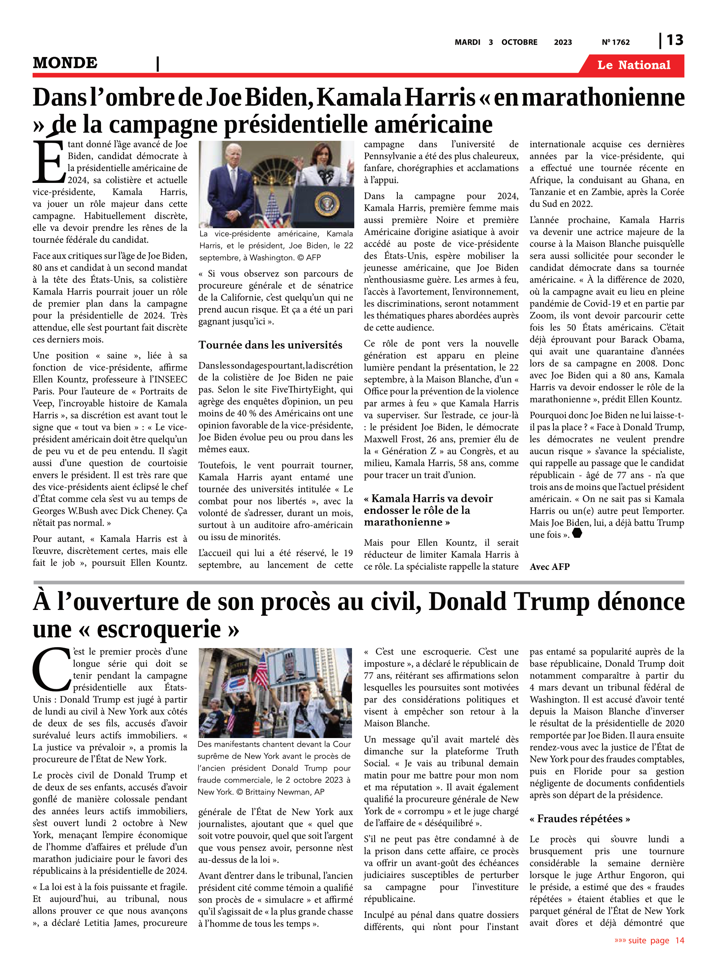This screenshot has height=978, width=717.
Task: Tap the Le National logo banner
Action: [x=634, y=65]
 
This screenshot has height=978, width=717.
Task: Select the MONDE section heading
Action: [x=65, y=63]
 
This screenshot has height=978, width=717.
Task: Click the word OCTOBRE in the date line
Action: [x=519, y=42]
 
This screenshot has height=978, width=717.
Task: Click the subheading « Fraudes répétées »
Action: [x=579, y=819]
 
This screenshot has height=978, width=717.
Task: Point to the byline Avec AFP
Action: [x=549, y=567]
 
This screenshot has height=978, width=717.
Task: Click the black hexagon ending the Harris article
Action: [x=577, y=533]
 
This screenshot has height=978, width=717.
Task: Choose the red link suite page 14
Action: [x=649, y=940]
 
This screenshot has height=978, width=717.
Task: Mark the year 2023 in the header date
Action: [x=563, y=42]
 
